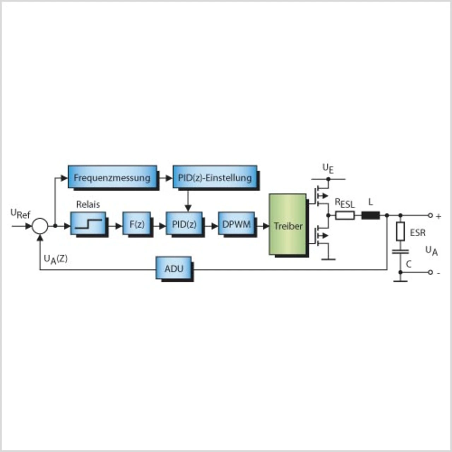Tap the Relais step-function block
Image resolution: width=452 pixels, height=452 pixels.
pyautogui.click(x=88, y=223)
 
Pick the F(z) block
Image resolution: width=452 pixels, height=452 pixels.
pyautogui.click(x=137, y=223)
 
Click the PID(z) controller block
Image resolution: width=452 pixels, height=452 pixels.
pyautogui.click(x=184, y=223)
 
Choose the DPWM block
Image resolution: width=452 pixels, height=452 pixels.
pyautogui.click(x=236, y=223)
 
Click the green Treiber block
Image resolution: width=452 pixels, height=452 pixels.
pyautogui.click(x=287, y=224)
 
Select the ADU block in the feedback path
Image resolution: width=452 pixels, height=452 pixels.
pyautogui.click(x=174, y=268)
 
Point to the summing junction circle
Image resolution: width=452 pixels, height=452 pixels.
pyautogui.click(x=40, y=226)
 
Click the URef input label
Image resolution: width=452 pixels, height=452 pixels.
pyautogui.click(x=20, y=213)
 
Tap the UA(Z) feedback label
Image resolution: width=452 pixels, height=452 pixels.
pyautogui.click(x=55, y=260)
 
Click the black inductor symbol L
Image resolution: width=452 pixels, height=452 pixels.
pyautogui.click(x=371, y=215)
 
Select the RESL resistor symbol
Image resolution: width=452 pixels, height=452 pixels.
pyautogui.click(x=345, y=215)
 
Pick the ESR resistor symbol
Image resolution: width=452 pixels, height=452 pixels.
pyautogui.click(x=400, y=232)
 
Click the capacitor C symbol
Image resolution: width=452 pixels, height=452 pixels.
pyautogui.click(x=400, y=252)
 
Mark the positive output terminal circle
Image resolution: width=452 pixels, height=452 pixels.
pyautogui.click(x=430, y=215)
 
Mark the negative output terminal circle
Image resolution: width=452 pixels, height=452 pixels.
pyautogui.click(x=430, y=272)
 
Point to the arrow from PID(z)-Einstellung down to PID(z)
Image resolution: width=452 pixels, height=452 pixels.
pyautogui.click(x=188, y=200)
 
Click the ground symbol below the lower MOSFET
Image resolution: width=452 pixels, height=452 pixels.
pyautogui.click(x=328, y=259)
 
